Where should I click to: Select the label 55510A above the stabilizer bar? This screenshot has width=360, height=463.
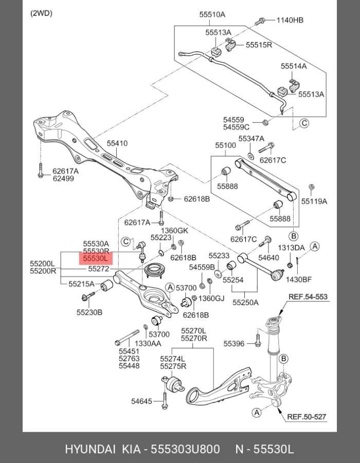[212, 15]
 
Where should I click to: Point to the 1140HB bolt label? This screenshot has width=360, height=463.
[290, 21]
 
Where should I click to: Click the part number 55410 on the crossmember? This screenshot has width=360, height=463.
[117, 144]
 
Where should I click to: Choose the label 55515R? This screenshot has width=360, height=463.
[259, 45]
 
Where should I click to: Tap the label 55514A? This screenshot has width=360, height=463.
[293, 66]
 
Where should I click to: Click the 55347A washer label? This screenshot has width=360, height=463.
[251, 139]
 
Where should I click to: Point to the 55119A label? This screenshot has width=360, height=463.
[314, 201]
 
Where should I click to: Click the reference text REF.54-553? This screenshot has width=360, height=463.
[308, 297]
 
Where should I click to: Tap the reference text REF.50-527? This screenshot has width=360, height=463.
[307, 417]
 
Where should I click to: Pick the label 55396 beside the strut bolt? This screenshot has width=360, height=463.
[234, 343]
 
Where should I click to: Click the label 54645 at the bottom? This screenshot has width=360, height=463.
[141, 401]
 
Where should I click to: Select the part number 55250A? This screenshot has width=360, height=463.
[245, 302]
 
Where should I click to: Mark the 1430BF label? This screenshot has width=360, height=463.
[299, 279]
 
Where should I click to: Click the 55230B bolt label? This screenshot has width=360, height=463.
[89, 312]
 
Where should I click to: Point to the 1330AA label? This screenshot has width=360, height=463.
[148, 343]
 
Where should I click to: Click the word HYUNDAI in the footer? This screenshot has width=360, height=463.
[91, 449]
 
